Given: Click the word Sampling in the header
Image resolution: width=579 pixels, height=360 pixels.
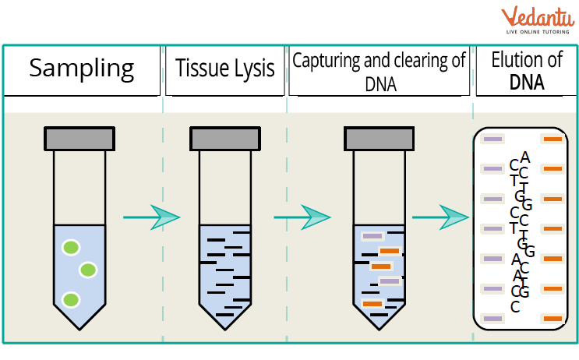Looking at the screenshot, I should click(x=81, y=68).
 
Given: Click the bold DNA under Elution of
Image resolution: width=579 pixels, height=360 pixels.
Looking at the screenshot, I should click(x=527, y=82).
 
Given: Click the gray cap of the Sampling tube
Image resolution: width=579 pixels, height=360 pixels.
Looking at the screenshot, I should click(x=79, y=139).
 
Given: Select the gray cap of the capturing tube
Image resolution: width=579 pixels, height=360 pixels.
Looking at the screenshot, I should click(x=379, y=139).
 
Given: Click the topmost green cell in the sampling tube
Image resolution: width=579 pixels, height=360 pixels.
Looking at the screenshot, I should click(x=71, y=248).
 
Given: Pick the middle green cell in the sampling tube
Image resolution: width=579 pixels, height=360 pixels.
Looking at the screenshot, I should click(x=87, y=270).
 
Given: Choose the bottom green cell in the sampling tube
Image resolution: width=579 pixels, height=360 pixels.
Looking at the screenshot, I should click(x=71, y=299).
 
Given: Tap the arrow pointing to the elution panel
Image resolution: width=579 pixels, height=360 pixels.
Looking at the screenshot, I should click(x=442, y=217).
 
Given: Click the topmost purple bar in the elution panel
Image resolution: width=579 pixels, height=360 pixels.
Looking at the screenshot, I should click(x=493, y=139).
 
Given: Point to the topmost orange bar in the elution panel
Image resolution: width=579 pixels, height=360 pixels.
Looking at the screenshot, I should click(x=553, y=139).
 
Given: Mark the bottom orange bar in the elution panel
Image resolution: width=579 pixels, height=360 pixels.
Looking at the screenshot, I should click(x=553, y=319).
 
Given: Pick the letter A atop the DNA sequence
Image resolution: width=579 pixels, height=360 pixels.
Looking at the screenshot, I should click(x=525, y=157).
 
